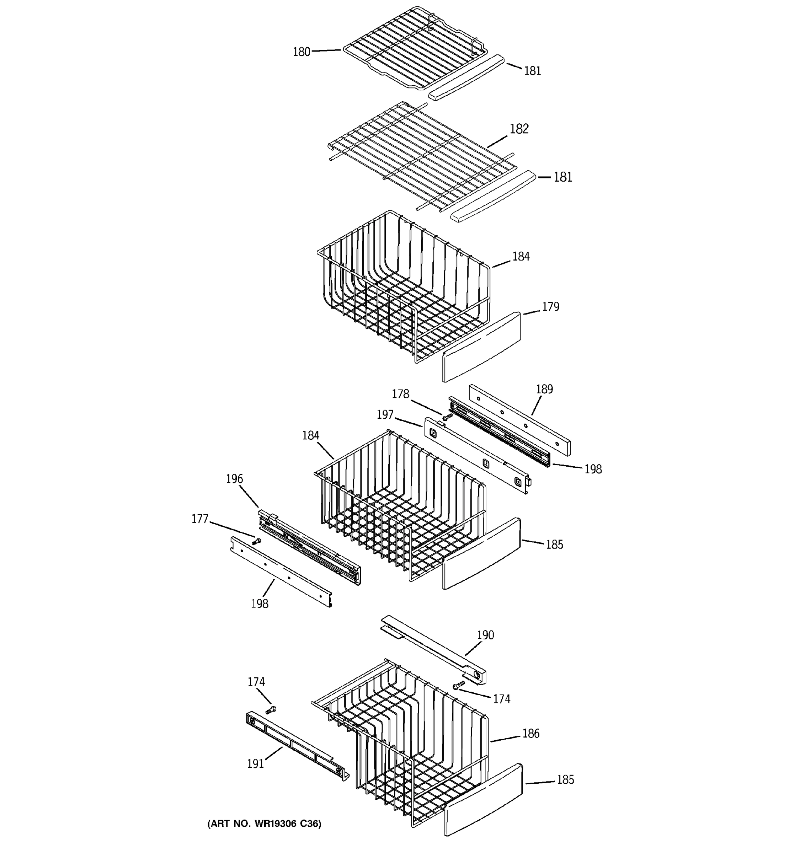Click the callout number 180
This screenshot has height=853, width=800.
[301, 52]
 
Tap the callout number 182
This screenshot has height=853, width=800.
[519, 129]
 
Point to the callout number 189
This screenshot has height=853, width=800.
[544, 389]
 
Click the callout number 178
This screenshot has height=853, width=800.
[400, 394]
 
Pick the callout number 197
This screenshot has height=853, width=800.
[385, 414]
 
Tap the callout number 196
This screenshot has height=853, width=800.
[234, 479]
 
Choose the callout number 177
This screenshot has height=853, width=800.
[199, 519]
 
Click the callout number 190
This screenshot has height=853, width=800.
[485, 635]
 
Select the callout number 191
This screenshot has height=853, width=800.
[255, 764]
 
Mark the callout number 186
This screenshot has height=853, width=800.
[530, 734]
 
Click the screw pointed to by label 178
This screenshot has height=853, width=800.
[447, 416]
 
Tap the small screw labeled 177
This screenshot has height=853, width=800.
[256, 542]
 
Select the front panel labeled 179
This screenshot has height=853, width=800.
[481, 347]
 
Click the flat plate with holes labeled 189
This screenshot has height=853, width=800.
[519, 420]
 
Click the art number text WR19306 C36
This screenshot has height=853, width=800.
[264, 824]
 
